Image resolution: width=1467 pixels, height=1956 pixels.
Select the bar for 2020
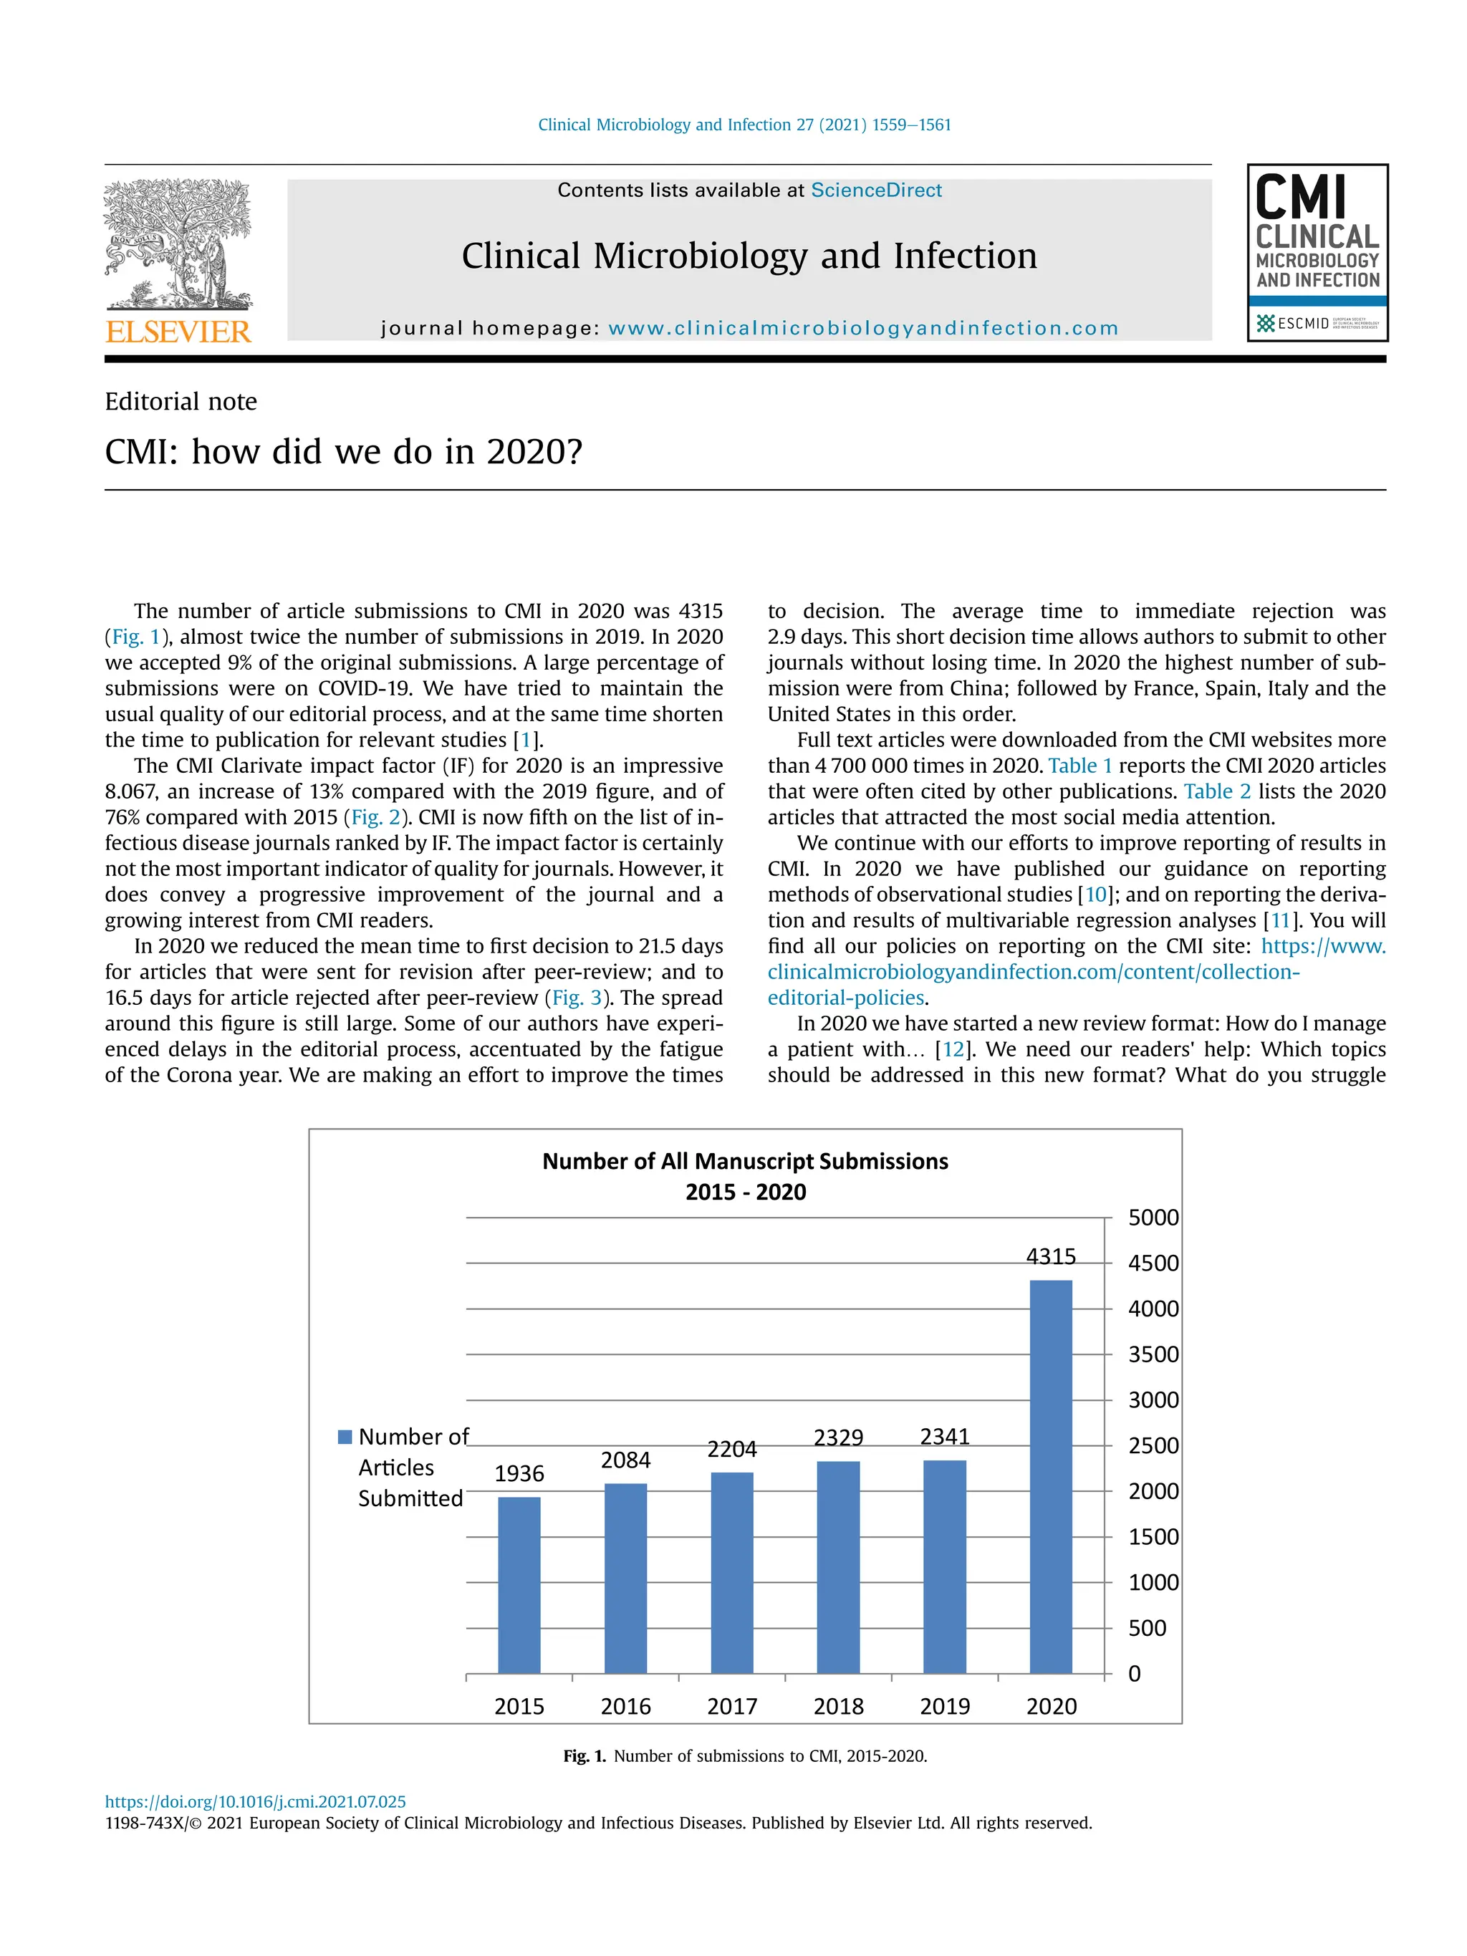coord(1051,1476)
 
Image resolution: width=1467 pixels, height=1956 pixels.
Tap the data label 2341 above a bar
coord(944,1437)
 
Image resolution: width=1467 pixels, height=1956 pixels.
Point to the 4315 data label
coord(1051,1256)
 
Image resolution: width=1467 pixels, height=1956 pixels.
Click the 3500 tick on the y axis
coord(1153,1354)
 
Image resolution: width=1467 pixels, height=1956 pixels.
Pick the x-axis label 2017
coord(732,1707)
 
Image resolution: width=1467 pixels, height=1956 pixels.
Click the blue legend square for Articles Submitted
coord(345,1437)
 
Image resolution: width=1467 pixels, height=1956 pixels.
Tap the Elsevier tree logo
coord(178,244)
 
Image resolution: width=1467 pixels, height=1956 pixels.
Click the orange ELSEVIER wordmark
coord(178,332)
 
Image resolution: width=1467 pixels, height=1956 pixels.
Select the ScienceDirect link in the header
coord(875,190)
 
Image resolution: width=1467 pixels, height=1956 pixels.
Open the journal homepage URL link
coord(863,329)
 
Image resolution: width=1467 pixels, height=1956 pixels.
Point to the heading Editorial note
coord(181,402)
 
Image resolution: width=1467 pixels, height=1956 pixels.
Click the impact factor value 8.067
coord(130,791)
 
